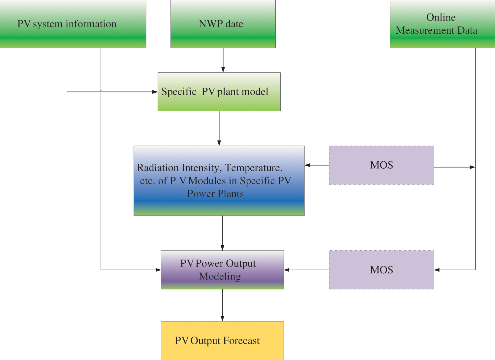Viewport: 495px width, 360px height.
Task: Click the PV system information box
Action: [x=73, y=24]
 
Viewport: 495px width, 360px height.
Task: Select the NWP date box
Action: [x=223, y=24]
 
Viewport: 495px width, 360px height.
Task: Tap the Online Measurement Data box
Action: [x=442, y=24]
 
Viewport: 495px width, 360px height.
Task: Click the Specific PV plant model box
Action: [x=219, y=92]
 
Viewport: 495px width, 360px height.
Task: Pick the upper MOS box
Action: [x=381, y=165]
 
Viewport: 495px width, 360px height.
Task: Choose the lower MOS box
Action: [x=381, y=270]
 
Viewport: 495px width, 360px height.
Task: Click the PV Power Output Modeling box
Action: [x=222, y=270]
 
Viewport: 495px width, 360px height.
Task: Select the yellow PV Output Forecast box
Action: [x=222, y=341]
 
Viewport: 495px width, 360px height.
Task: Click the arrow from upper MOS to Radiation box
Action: [x=317, y=165]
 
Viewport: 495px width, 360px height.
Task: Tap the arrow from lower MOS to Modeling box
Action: [x=307, y=270]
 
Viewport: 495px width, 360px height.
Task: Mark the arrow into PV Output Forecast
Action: [x=223, y=305]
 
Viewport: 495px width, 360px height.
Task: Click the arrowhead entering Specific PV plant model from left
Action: [x=155, y=92]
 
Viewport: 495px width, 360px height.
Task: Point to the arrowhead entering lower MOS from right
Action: [x=437, y=270]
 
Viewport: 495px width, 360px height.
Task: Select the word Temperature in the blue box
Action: [x=253, y=168]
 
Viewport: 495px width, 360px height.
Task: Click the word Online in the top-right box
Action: [x=441, y=17]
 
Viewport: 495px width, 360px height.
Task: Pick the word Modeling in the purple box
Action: [x=220, y=276]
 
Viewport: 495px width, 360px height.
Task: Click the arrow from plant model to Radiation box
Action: [x=219, y=129]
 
